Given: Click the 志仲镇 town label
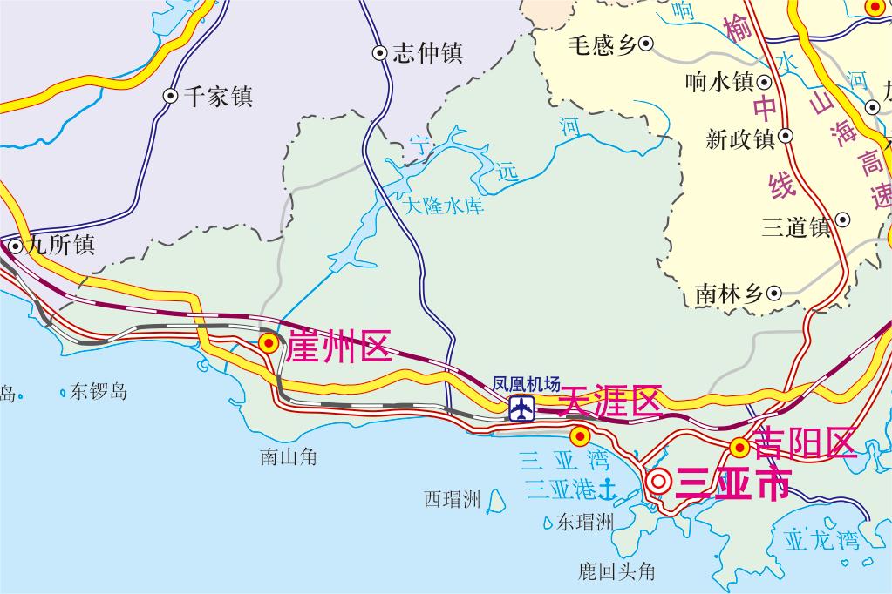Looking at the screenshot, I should point(426,53).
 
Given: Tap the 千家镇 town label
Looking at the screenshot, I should point(218,96).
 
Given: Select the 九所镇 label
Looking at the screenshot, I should point(60,246).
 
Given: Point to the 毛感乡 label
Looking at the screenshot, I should point(603,44).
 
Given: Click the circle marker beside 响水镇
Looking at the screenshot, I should point(765,83).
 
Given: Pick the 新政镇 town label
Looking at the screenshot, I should point(739,138).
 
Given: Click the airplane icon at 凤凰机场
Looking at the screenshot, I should point(522,408).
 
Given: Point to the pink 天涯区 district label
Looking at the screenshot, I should point(609,401).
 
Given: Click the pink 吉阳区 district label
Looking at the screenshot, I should point(805,443).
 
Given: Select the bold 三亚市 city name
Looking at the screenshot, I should point(732,483).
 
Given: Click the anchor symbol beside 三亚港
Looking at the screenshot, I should point(607,489).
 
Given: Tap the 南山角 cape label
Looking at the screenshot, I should point(288,456).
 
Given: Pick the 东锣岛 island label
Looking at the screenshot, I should point(99,391).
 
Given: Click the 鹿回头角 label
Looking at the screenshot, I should point(616,571).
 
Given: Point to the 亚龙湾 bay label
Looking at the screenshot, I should point(821,540).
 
